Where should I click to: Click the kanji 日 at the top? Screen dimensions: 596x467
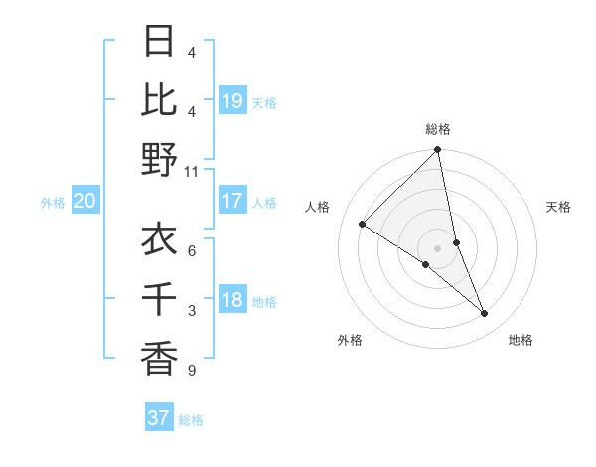point(159,43)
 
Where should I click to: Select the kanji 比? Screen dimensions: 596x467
point(159,100)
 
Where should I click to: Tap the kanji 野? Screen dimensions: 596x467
point(159,159)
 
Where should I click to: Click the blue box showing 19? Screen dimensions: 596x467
point(232,100)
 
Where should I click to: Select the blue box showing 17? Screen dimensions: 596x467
point(232,201)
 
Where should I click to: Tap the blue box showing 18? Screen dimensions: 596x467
point(232,300)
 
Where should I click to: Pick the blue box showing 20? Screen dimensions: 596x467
point(84,202)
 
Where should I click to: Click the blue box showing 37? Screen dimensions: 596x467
point(158,418)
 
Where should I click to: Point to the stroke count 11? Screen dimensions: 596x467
point(192,171)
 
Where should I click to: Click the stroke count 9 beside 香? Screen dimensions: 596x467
point(192,371)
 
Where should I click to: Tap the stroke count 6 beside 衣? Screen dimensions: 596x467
point(192,251)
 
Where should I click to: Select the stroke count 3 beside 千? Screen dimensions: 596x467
point(192,311)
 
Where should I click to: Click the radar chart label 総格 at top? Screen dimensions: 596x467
point(438,129)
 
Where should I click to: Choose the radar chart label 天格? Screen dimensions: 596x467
point(558,207)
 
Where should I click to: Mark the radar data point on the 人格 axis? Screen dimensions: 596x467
point(363,225)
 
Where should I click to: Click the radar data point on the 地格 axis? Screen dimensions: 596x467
point(484,313)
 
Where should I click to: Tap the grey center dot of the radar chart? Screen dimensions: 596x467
point(438,247)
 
